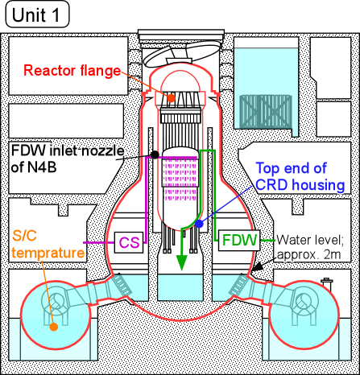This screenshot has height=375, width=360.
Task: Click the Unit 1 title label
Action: tap(37, 14)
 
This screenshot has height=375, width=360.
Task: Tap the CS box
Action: tap(129, 242)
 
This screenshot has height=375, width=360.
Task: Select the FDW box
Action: tap(239, 240)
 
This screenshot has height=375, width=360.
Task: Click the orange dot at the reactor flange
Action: tap(171, 97)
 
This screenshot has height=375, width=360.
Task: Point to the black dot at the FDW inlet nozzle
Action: tap(155, 155)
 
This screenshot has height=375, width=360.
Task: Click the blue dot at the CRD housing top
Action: tap(199, 224)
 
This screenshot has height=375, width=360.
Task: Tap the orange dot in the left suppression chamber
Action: tap(54, 327)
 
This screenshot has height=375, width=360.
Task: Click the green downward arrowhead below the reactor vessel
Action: tap(182, 263)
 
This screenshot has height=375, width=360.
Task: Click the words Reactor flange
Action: tap(72, 71)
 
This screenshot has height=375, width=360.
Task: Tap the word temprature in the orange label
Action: tap(48, 253)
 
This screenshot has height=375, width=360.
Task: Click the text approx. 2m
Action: tap(308, 254)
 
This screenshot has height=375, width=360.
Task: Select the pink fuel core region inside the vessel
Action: tap(180, 179)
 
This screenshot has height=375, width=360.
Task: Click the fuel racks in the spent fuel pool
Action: tap(265, 111)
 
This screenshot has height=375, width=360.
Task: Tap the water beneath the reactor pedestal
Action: tap(180, 287)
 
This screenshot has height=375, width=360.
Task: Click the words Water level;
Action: tap(310, 240)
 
